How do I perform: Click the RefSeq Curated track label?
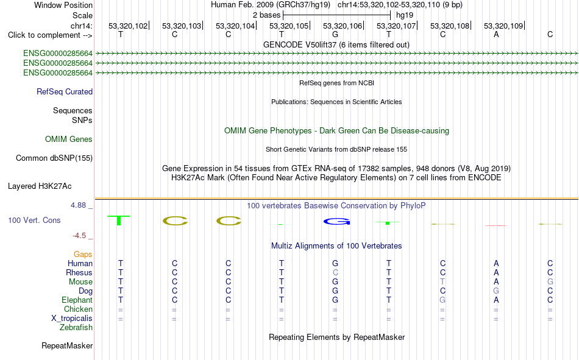point(65,91)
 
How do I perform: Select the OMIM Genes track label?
point(69,139)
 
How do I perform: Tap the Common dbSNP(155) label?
point(54,158)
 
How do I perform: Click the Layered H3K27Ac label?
point(40,186)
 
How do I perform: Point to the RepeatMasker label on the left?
point(67,345)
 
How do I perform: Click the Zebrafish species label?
point(76,328)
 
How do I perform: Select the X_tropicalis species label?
point(72,319)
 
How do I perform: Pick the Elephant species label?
point(77,300)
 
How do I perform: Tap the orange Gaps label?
point(83,254)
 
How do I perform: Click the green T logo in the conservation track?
point(118,220)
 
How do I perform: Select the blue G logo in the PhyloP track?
point(336,222)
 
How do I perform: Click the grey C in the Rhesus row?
point(335,272)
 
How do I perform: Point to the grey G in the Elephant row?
point(442,300)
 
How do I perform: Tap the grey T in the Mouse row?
point(442,281)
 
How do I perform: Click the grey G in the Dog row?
point(496,291)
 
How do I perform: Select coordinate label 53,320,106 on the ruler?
point(343,26)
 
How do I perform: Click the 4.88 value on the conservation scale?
point(78,205)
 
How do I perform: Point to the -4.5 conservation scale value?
point(79,236)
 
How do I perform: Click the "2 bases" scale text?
point(266,15)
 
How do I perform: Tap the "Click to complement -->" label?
point(50,35)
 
